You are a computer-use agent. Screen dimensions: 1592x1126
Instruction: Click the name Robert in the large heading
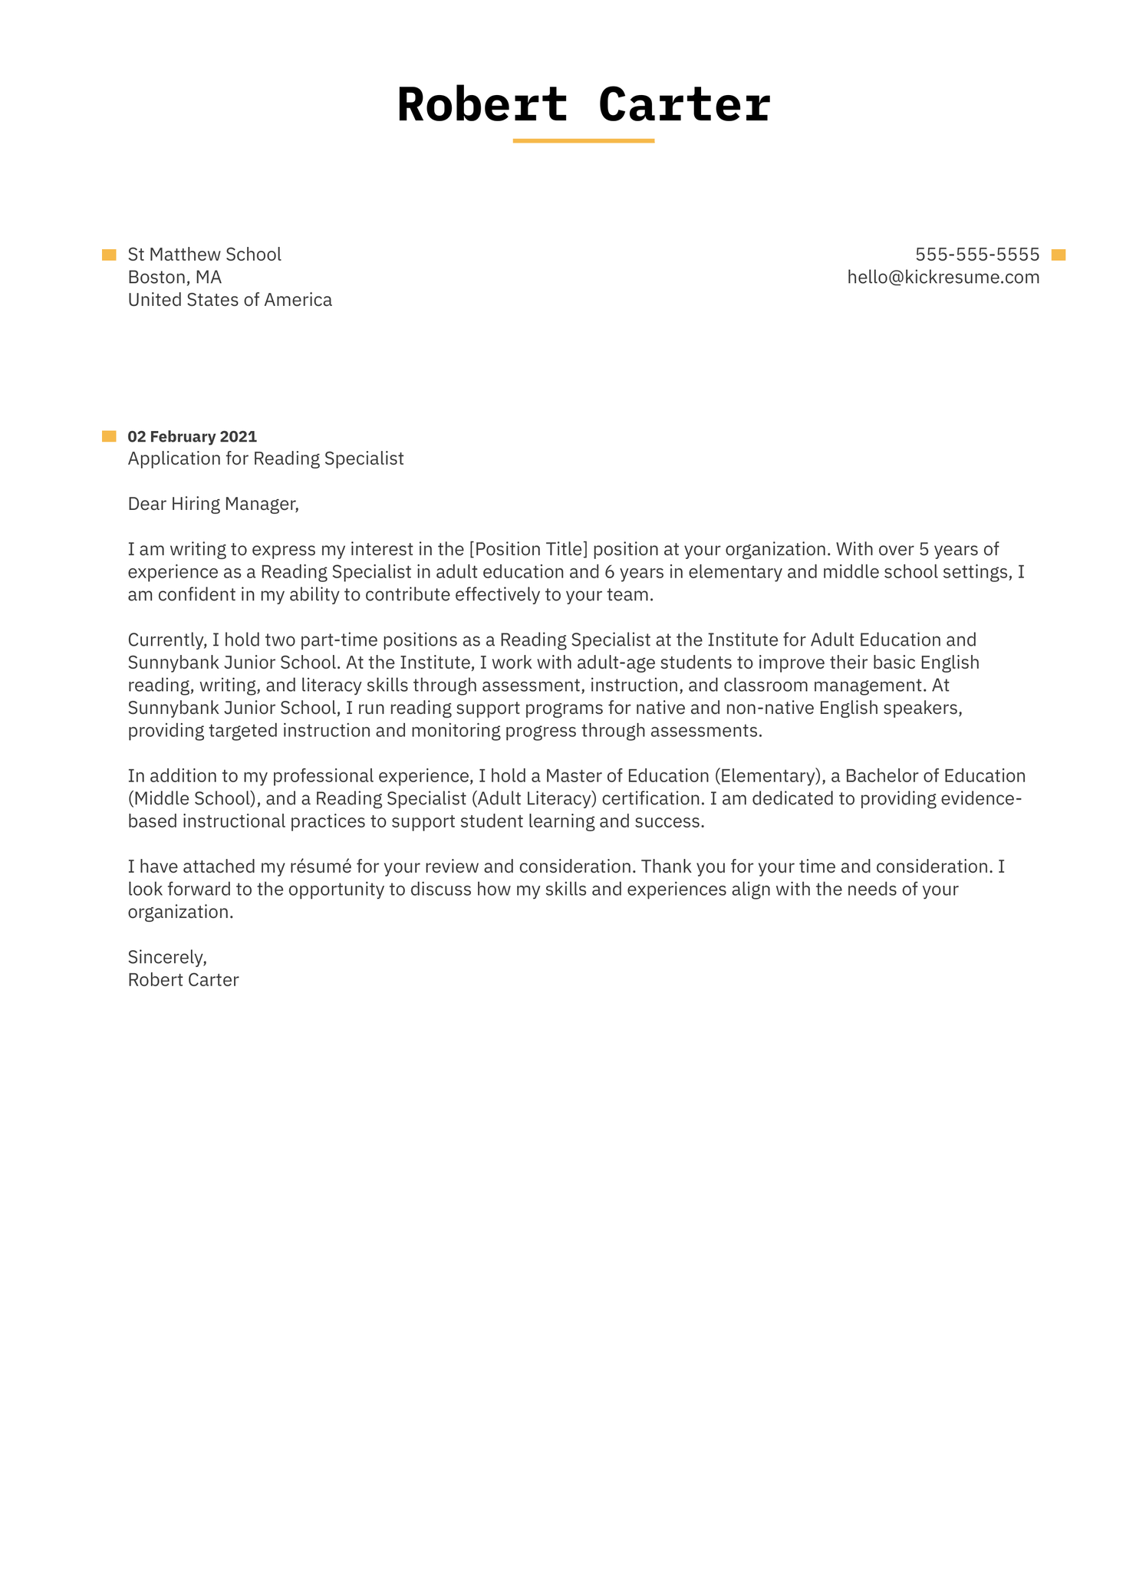[482, 105]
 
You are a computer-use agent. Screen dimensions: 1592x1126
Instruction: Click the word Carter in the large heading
[684, 105]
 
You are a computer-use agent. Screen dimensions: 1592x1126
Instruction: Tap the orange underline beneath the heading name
[583, 141]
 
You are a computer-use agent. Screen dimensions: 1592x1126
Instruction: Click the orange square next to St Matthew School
[109, 255]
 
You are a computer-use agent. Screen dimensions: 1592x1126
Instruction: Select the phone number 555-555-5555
[976, 255]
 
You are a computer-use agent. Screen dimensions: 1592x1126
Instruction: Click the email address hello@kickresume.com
[943, 278]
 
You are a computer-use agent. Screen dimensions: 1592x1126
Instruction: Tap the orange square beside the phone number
[1058, 255]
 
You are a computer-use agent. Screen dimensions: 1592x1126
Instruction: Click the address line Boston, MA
[174, 278]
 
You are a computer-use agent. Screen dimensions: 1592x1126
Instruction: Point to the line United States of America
[229, 300]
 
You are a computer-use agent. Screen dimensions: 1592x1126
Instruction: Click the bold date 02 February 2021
[192, 436]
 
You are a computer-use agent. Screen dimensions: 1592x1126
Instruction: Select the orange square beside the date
[109, 436]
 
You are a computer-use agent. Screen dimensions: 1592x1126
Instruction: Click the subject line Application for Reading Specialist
[265, 459]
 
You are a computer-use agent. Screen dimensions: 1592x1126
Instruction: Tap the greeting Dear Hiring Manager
[212, 504]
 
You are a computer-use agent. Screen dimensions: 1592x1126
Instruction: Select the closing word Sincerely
[167, 957]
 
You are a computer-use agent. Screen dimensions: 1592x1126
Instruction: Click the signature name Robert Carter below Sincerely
[183, 980]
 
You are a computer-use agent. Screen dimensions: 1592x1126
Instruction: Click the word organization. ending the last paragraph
[180, 912]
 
